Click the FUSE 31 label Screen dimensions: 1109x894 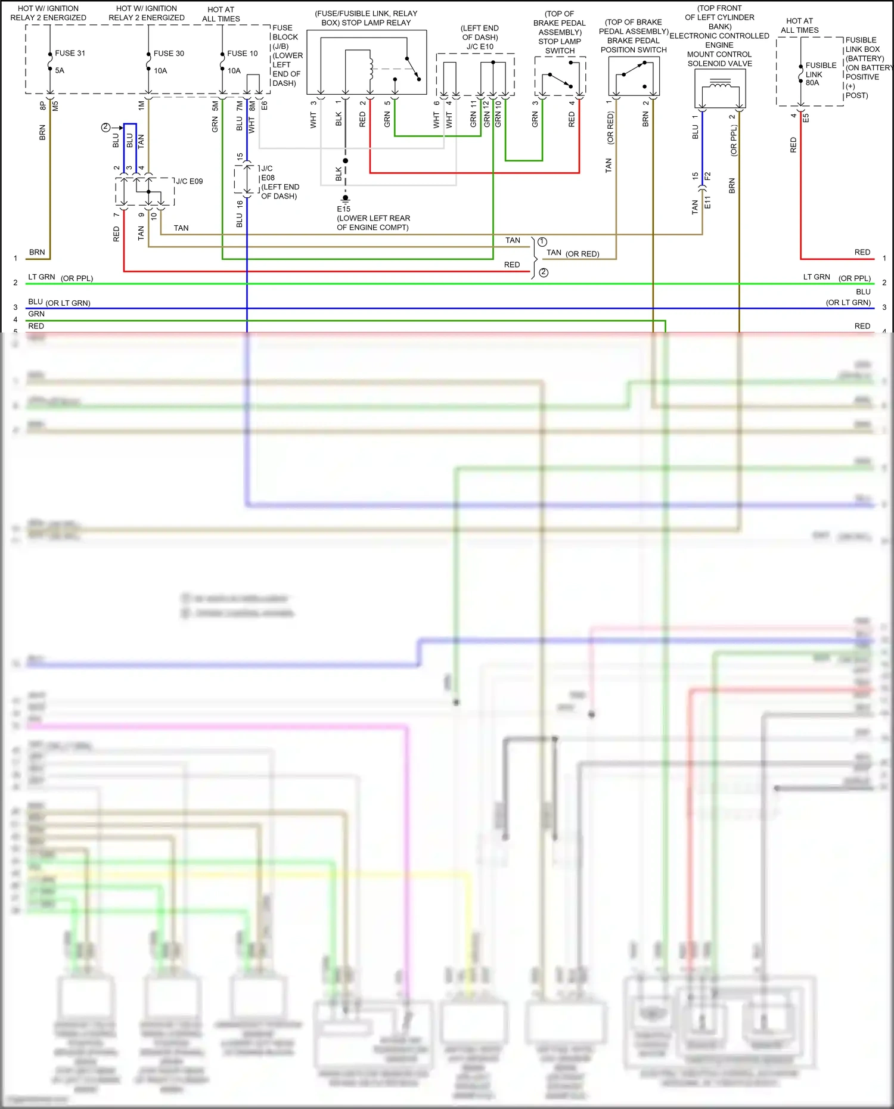pos(70,53)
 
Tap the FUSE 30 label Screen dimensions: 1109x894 pos(169,53)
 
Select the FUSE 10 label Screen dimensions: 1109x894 pos(242,53)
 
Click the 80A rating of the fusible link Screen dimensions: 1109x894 pos(812,83)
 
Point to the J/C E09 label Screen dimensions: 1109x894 pos(189,181)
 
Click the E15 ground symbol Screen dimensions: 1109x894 pos(345,198)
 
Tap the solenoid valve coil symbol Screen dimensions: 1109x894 pos(720,87)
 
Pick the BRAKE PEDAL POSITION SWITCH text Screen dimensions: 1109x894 pos(633,45)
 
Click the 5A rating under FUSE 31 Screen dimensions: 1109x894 pos(60,70)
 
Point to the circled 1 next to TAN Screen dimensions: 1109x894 pos(542,242)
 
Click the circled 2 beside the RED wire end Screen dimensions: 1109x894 pos(544,272)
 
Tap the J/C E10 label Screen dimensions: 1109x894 pos(480,46)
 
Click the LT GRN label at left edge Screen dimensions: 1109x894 pos(41,277)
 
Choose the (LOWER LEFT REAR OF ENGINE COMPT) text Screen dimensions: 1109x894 pos(373,223)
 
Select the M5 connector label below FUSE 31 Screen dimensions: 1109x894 pos(55,105)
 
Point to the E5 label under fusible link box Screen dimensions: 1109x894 pos(806,117)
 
